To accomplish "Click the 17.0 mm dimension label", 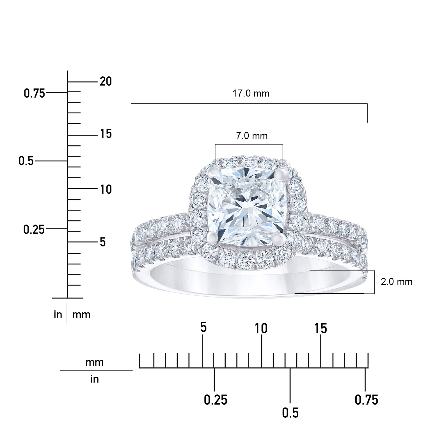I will [x=251, y=93].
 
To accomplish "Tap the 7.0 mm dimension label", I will [x=251, y=136].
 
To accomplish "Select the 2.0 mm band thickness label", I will [x=396, y=282].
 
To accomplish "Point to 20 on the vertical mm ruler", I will [x=106, y=82].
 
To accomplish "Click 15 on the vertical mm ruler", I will [x=106, y=134].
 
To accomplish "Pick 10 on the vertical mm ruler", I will [x=106, y=189].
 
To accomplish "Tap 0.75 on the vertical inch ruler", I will [x=34, y=93].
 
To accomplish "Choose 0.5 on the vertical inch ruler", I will [x=26, y=161].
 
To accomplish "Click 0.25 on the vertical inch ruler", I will [x=34, y=230].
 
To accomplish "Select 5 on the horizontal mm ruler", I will [x=203, y=328].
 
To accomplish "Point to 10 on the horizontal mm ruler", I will [x=261, y=328].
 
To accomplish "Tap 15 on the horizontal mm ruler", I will [x=321, y=328].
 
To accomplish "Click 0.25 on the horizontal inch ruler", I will [x=215, y=400].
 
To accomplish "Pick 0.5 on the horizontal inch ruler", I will [x=290, y=413].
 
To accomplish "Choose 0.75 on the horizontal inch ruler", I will [x=366, y=400].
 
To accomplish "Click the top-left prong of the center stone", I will [x=214, y=171].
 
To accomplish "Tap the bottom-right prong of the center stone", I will [x=278, y=239].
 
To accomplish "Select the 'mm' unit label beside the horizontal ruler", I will [x=95, y=362].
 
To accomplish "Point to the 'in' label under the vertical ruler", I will [x=58, y=315].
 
